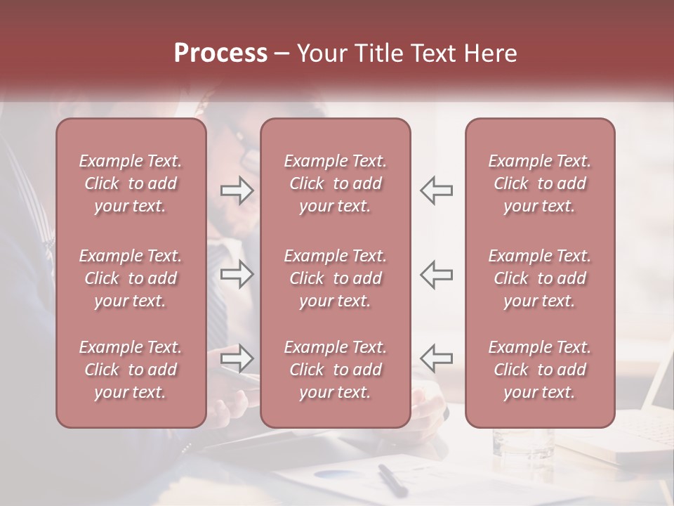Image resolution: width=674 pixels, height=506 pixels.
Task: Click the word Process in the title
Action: click(x=220, y=53)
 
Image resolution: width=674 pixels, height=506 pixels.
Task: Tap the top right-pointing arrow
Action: click(x=237, y=190)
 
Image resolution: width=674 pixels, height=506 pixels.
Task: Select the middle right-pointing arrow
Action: click(x=237, y=274)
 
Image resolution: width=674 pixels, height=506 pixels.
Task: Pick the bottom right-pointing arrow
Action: click(x=237, y=358)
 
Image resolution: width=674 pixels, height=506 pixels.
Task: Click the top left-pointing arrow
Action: click(x=436, y=190)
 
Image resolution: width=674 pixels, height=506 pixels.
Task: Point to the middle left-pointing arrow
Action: click(x=436, y=274)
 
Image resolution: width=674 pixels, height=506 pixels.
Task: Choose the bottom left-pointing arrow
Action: click(x=436, y=358)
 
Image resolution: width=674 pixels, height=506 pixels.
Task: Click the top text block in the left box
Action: click(x=131, y=183)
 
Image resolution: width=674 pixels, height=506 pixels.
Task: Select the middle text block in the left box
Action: click(x=131, y=278)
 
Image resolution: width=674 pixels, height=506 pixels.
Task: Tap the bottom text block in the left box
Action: click(x=131, y=370)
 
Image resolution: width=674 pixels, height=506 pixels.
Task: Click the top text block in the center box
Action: click(x=336, y=183)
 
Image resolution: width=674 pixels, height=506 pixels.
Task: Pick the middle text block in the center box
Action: click(x=336, y=278)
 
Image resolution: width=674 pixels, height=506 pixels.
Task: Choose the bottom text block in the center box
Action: click(x=336, y=370)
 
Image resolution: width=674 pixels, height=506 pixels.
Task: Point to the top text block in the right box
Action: click(x=540, y=183)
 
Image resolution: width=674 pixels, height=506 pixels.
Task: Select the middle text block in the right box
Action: click(x=540, y=278)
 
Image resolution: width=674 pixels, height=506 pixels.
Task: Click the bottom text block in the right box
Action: click(x=540, y=370)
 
